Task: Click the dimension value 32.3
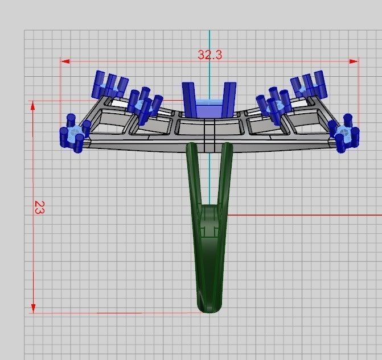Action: [210, 55]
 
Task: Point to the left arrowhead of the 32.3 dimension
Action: [64, 61]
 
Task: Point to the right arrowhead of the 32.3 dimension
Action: [355, 61]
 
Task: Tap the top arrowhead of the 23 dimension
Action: [34, 105]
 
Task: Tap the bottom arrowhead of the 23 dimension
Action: [34, 308]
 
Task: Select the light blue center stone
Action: [208, 107]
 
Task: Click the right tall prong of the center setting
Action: [229, 98]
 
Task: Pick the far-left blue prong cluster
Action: [73, 134]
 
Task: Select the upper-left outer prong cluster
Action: [109, 85]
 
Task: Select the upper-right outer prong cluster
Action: [309, 85]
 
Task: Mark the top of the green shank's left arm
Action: [192, 148]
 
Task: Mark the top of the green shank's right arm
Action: [227, 148]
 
